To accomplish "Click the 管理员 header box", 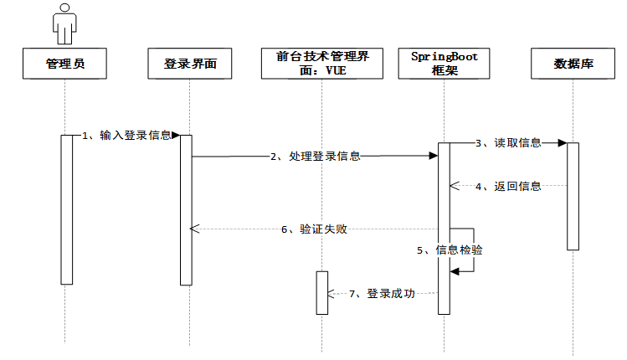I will point(64,64).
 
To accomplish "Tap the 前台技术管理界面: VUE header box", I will point(321,64).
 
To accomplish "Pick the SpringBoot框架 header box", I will point(444,64).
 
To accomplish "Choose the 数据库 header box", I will point(573,64).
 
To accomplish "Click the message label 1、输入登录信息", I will point(127,135).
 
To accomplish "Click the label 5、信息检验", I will point(450,250).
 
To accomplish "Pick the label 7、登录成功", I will point(382,293).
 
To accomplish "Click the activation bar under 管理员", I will point(66,209).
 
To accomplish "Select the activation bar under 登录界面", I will point(186,209).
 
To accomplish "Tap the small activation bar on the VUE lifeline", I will point(321,292).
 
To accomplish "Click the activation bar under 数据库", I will point(573,196).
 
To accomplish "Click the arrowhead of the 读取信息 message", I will point(563,143).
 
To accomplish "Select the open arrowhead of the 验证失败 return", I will point(194,229).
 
